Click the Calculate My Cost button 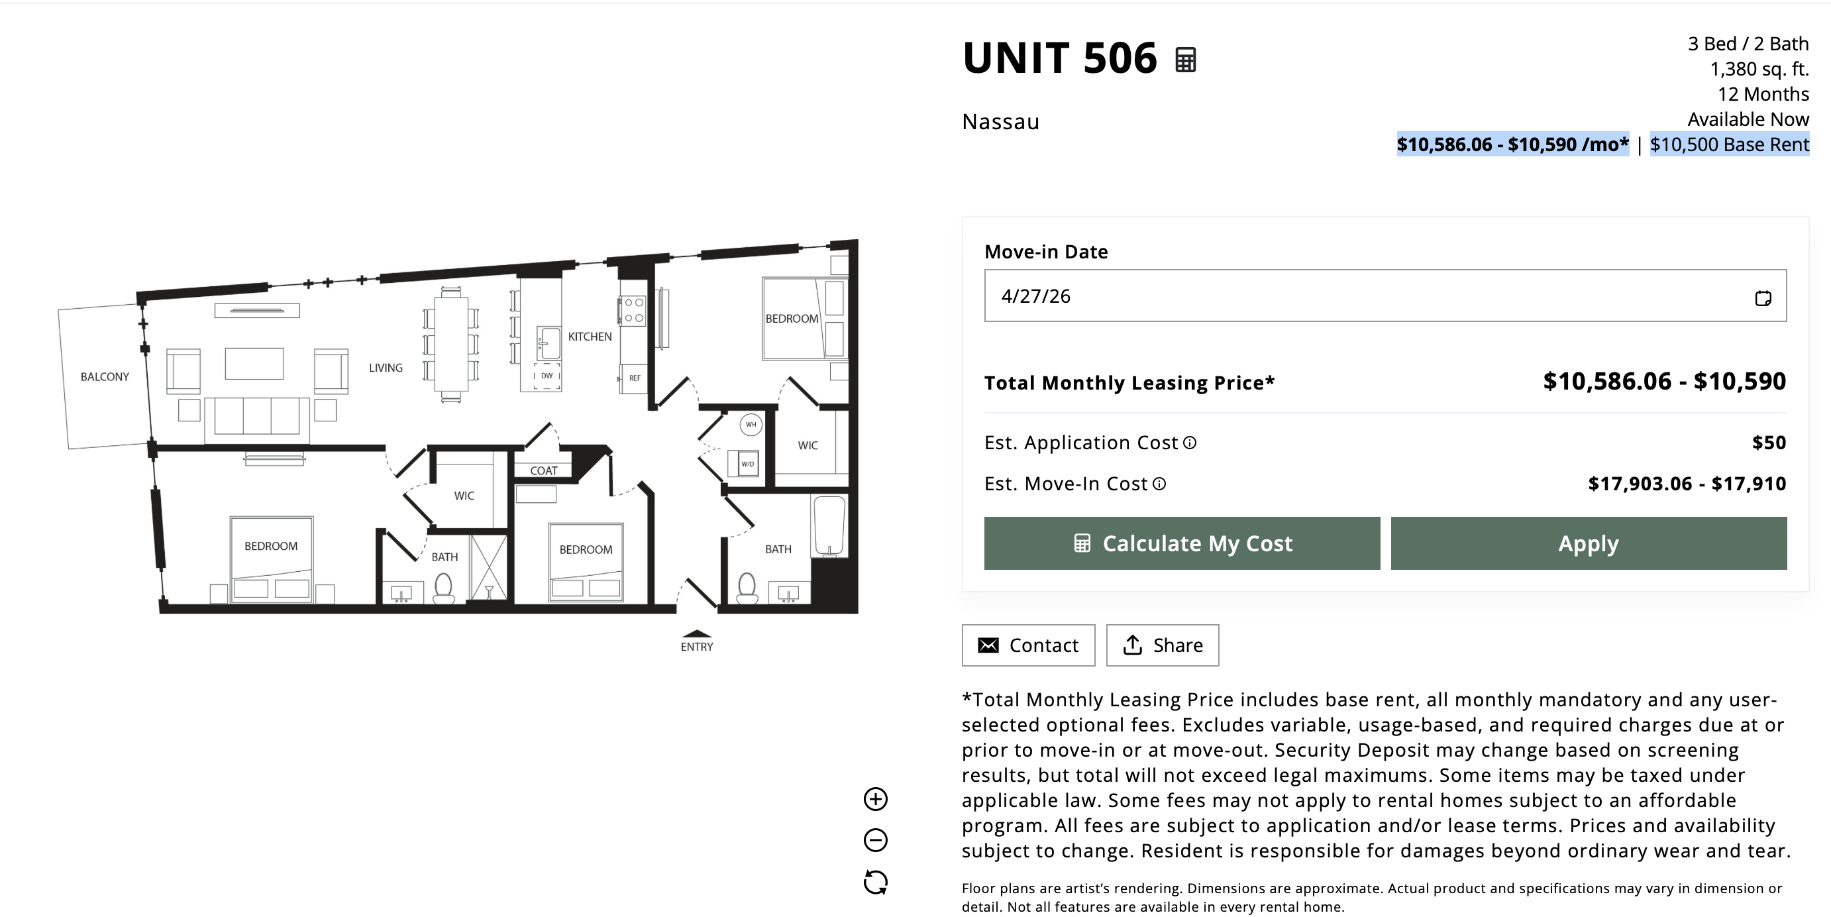[1182, 543]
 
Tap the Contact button [1029, 645]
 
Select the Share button [1163, 645]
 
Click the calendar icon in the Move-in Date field [1763, 298]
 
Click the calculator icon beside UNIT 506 [1186, 60]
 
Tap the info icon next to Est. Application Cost [1190, 443]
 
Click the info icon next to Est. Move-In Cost [1159, 484]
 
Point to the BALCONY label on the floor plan [105, 377]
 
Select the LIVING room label [386, 368]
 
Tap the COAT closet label [544, 470]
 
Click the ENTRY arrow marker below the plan [697, 634]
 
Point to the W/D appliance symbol [747, 464]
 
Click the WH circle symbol [751, 425]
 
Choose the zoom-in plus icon [876, 799]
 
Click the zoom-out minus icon [876, 840]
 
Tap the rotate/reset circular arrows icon [876, 882]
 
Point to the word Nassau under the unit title [1001, 123]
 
